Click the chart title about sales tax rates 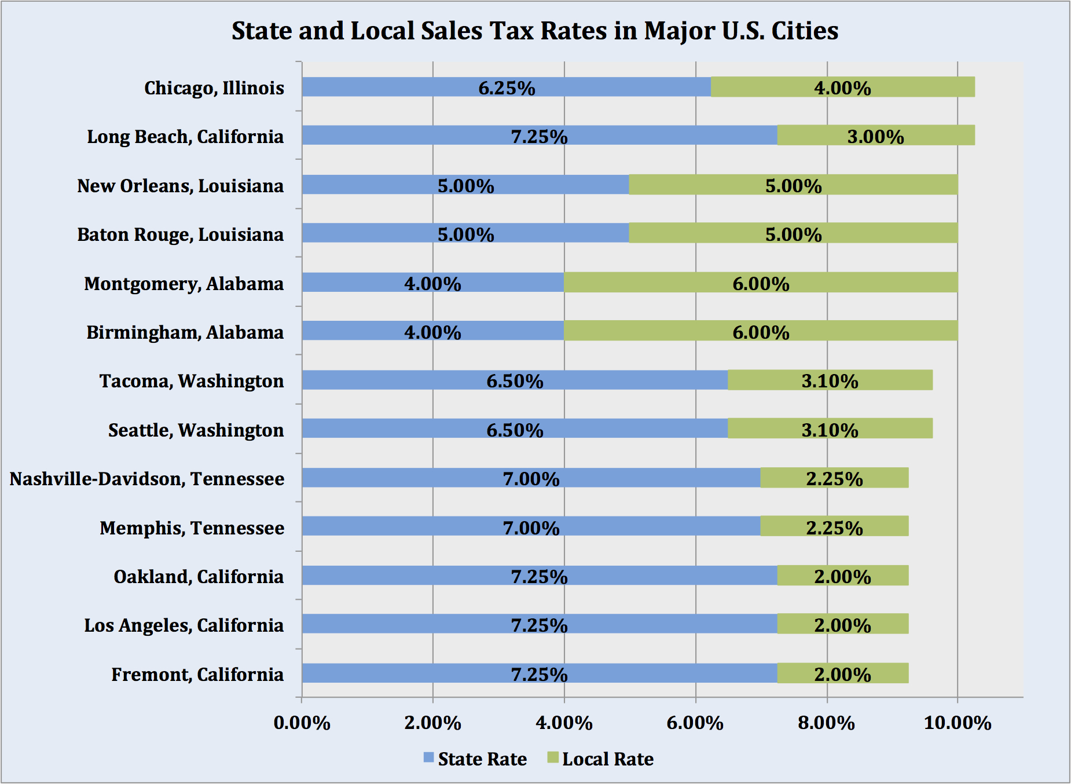[x=535, y=31]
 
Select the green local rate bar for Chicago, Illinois [x=842, y=87]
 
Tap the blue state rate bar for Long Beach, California [x=539, y=135]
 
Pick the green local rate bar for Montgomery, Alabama [x=761, y=283]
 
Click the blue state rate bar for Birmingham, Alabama [x=432, y=331]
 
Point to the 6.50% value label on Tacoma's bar [x=515, y=381]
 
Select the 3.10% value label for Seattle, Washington [x=830, y=430]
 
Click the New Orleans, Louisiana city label [x=181, y=186]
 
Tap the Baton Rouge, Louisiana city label [x=181, y=235]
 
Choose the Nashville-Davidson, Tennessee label [x=147, y=479]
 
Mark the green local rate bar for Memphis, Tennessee [x=834, y=526]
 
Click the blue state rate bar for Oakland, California [x=539, y=576]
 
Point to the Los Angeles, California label [x=184, y=625]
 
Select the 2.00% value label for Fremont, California [x=842, y=675]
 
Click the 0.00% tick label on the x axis [x=302, y=723]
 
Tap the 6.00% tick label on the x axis [x=695, y=723]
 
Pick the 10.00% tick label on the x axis [x=958, y=723]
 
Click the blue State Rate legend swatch [x=429, y=757]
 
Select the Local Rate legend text [x=608, y=759]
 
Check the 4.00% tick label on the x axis [x=564, y=723]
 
